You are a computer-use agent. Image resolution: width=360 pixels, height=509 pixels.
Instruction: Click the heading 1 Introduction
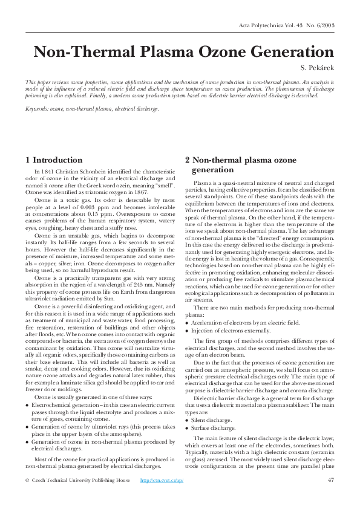[54, 160]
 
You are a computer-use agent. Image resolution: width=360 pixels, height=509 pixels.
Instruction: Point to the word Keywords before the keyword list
[36, 109]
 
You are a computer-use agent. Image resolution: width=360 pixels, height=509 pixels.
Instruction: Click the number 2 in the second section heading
[188, 160]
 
